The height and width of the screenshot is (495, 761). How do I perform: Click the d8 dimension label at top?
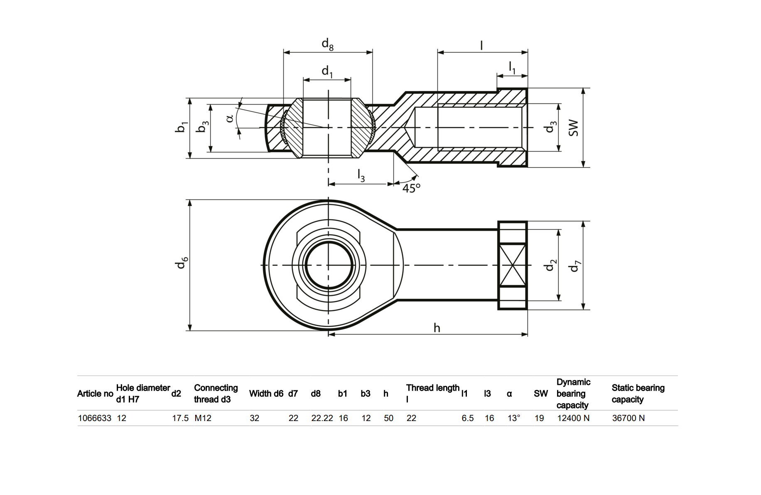(x=327, y=44)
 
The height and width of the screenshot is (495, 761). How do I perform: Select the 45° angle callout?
(x=411, y=188)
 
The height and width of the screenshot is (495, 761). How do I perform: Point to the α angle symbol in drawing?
(x=230, y=119)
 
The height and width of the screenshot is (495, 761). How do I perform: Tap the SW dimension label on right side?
(x=573, y=128)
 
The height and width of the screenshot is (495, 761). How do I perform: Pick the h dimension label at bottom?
(x=437, y=328)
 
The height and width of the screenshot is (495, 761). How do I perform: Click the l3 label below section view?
(x=361, y=176)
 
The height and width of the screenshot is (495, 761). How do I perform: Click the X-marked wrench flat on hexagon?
(x=513, y=265)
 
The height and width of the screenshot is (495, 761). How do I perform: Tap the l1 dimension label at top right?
(x=512, y=67)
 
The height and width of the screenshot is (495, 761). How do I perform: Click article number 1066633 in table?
(x=95, y=418)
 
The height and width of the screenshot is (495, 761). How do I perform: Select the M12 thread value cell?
(x=203, y=418)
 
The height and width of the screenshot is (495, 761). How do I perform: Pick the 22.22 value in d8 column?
(x=322, y=418)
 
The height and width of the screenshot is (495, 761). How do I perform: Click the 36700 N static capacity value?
(x=628, y=418)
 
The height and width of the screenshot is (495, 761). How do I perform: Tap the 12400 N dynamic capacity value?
(x=573, y=418)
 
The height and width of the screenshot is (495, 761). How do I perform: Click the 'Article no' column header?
(x=95, y=394)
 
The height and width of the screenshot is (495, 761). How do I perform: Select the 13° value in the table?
(x=513, y=418)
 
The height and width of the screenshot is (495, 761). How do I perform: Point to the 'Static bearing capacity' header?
(x=638, y=394)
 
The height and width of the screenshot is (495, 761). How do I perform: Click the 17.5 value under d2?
(x=180, y=418)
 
